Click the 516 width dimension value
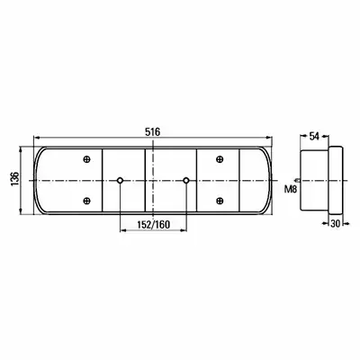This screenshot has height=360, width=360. (x=153, y=132)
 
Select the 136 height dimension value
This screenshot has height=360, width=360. (x=15, y=179)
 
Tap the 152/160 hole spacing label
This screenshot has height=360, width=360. (x=153, y=225)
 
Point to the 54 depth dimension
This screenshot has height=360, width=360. (x=314, y=137)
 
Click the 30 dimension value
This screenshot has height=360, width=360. (x=336, y=223)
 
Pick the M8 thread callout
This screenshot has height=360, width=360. (x=291, y=189)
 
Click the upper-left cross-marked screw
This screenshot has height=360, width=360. (x=86, y=159)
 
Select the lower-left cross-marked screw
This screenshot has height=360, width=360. (x=86, y=201)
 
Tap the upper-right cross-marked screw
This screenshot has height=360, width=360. (x=220, y=159)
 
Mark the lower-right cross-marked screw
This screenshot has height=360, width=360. (x=220, y=201)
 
